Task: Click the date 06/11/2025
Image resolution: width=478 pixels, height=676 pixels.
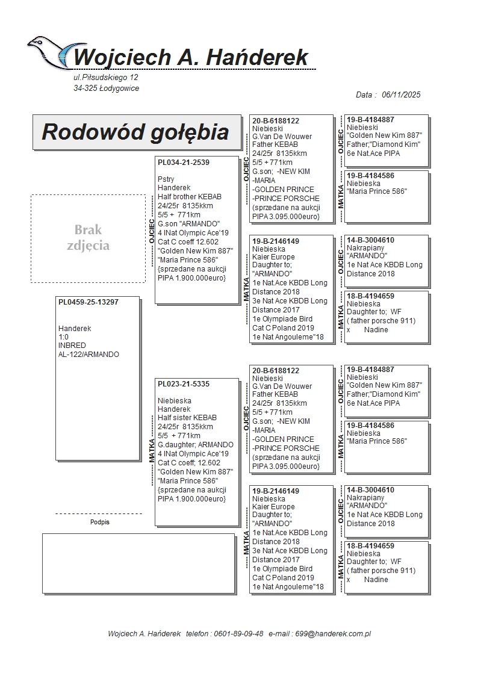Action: [401, 95]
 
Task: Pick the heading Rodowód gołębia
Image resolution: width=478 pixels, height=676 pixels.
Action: [135, 132]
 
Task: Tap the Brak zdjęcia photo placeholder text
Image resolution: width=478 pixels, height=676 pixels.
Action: [88, 238]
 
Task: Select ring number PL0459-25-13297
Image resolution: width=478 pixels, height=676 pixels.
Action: [88, 302]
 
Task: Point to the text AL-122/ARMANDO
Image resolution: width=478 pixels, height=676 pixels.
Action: [88, 355]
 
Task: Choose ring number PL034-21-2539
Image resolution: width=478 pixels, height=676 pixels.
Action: [184, 163]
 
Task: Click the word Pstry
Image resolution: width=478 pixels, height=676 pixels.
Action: [166, 179]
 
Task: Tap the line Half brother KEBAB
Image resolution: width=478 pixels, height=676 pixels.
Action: [190, 197]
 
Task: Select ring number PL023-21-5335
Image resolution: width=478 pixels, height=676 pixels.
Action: [184, 384]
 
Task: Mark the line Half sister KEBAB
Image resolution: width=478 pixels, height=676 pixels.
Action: [187, 418]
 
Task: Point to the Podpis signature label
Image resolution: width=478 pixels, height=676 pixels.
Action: [100, 523]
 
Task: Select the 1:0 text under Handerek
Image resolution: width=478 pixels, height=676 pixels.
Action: [63, 337]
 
